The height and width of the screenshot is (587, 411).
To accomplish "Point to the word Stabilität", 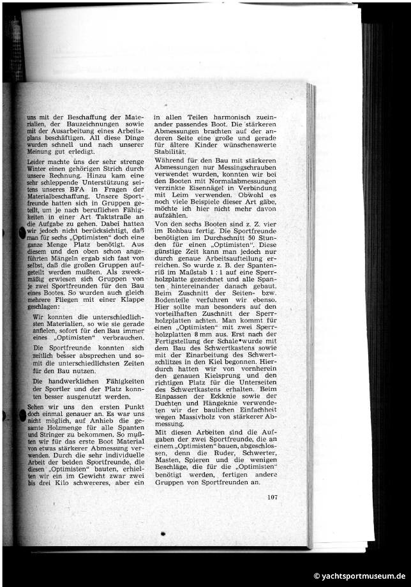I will (169, 152).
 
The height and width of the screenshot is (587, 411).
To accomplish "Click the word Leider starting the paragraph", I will (37, 163).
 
